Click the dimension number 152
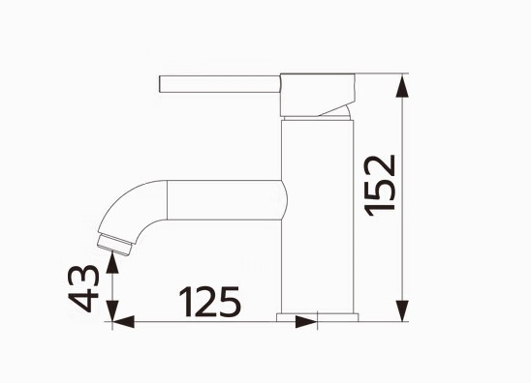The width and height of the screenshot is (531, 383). (x=380, y=186)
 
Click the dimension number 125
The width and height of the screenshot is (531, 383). (x=210, y=302)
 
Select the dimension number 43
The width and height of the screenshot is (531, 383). (x=83, y=288)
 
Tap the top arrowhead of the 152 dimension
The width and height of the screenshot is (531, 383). (x=402, y=86)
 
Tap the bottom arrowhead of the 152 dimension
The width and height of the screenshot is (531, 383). (x=402, y=310)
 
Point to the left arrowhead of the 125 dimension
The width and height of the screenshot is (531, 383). (x=123, y=322)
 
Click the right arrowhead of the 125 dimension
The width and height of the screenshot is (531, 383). (x=306, y=322)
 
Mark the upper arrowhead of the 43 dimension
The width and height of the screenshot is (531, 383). (x=112, y=263)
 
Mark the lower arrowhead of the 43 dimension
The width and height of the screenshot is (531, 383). (x=112, y=311)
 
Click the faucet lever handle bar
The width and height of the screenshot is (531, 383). (x=220, y=84)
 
